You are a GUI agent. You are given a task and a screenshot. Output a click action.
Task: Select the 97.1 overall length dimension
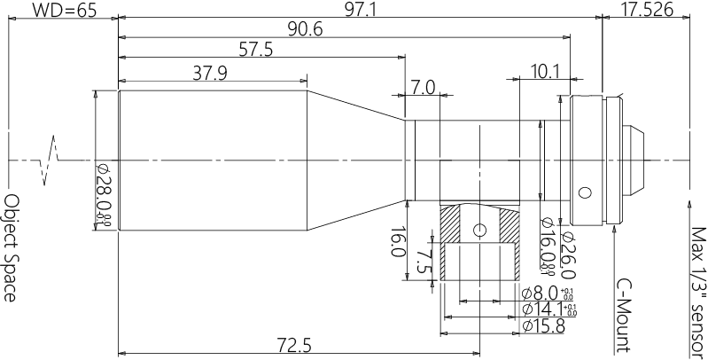pyautogui.click(x=363, y=10)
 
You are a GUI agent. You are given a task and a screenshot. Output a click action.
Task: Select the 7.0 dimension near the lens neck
pyautogui.click(x=424, y=87)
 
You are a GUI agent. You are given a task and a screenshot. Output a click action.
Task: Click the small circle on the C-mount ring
pyautogui.click(x=584, y=192)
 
